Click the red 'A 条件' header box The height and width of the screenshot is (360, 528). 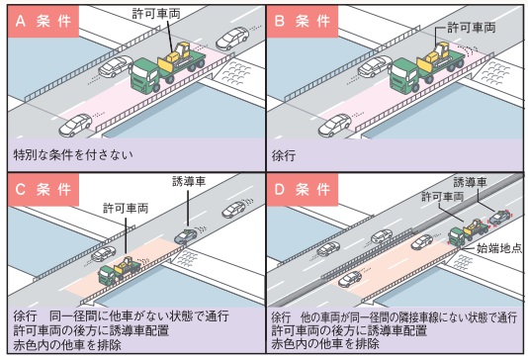tap(44, 22)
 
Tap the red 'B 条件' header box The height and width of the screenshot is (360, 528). tap(303, 22)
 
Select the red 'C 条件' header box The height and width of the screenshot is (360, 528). tap(44, 190)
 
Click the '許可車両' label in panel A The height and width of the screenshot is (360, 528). tap(156, 14)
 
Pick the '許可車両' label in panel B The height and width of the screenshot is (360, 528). tap(472, 28)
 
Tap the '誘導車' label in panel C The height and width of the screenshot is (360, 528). tap(189, 181)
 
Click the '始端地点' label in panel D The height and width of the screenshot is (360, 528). tap(499, 248)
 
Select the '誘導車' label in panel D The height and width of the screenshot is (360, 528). tap(470, 182)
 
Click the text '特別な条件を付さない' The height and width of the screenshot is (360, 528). tap(73, 155)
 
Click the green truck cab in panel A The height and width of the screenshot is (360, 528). tap(145, 75)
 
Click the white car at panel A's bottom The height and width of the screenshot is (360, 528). tap(75, 125)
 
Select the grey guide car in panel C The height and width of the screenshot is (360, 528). tap(186, 235)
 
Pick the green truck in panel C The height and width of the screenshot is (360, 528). tap(120, 270)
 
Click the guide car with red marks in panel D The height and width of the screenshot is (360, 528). tap(499, 217)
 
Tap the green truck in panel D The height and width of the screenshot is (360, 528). tap(468, 232)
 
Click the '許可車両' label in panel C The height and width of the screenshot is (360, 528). tap(126, 209)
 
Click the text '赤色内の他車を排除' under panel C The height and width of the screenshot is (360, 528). tap(67, 345)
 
